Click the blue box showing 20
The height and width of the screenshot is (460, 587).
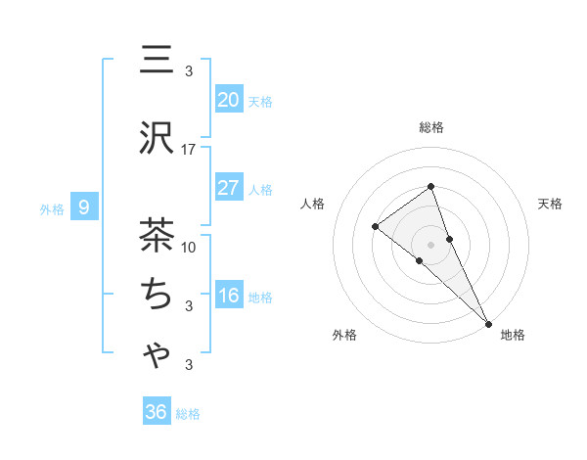tap(229, 100)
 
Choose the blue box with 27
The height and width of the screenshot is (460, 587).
tap(229, 189)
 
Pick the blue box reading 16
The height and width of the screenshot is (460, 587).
tap(229, 297)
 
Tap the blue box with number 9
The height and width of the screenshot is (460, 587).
tap(84, 207)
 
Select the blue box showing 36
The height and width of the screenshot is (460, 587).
tap(157, 412)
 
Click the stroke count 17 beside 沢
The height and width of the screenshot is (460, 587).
tap(189, 150)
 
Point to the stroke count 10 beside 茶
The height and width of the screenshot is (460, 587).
tap(189, 247)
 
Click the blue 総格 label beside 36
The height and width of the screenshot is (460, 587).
tap(188, 414)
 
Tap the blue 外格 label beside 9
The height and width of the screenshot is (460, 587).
tap(52, 208)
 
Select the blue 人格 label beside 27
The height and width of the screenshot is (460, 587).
tap(260, 190)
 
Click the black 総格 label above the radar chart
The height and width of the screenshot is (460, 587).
tap(430, 127)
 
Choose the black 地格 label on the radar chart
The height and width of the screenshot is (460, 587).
tap(513, 335)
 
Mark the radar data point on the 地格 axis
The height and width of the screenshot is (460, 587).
tap(488, 322)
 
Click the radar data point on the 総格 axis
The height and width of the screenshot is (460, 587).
tap(430, 187)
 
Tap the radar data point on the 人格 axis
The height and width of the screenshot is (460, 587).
tap(376, 227)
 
